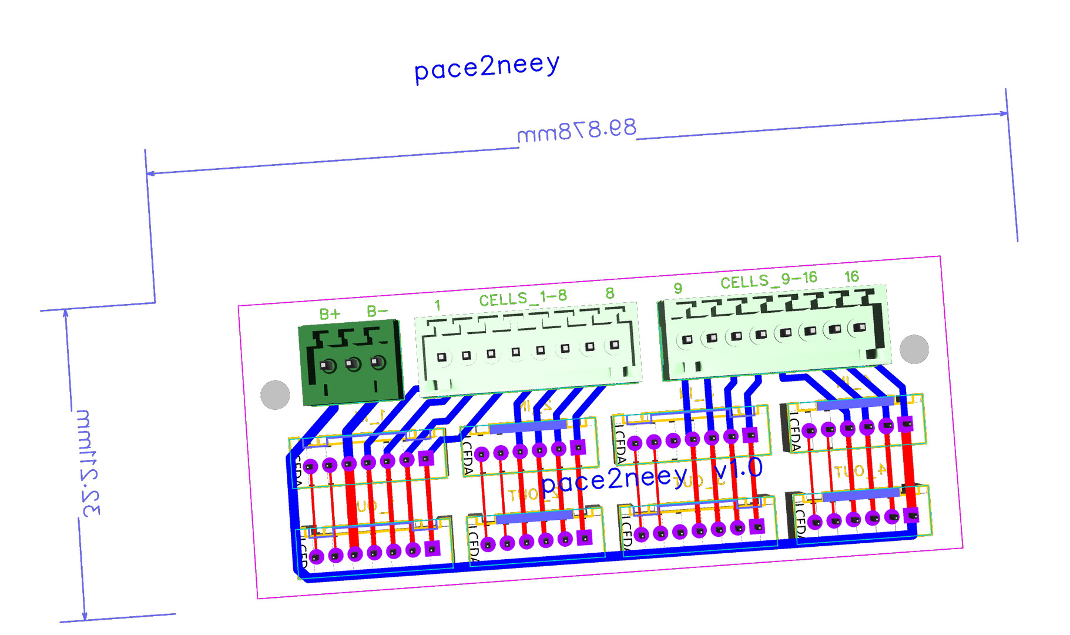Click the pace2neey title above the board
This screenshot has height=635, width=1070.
point(487,67)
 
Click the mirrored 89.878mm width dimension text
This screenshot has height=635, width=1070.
point(576,131)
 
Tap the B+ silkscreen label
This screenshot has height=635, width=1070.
point(330,314)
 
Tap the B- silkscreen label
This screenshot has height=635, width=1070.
point(377,311)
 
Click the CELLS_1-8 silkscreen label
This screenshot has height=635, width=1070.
point(523,298)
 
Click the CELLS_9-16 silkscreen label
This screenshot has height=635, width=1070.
point(769,280)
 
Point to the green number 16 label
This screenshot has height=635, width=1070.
point(851,276)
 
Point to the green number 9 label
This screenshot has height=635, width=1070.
point(678,288)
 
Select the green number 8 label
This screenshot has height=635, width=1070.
point(610,293)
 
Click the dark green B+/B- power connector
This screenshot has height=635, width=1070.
point(351,363)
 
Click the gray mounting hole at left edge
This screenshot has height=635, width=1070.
point(275,395)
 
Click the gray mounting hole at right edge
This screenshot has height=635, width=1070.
point(914,349)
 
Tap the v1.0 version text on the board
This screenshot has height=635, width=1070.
point(738,469)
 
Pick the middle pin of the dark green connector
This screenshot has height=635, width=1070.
point(353,365)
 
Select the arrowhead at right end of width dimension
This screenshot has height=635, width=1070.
point(1003,113)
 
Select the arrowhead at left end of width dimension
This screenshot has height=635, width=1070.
point(151,173)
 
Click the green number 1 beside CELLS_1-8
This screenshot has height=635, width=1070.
point(437,305)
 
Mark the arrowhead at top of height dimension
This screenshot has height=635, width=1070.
point(66,313)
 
